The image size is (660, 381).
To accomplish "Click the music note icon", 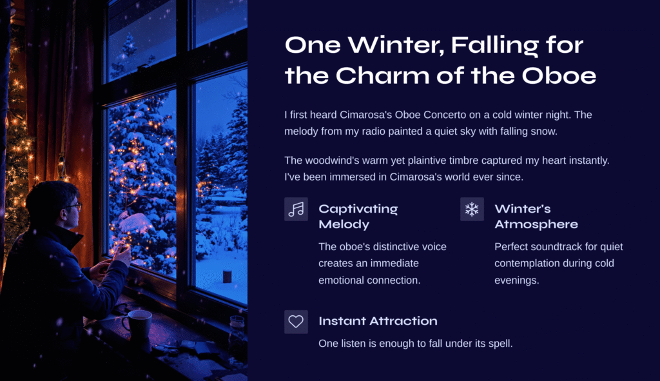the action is tap(296, 210).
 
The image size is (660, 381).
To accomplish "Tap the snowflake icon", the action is tap(472, 210).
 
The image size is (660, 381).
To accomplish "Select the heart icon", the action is tap(296, 322).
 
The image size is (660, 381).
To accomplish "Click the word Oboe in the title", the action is tap(559, 76).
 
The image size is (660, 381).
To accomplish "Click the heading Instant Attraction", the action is tap(378, 321).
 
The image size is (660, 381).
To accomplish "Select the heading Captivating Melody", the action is tap(358, 217).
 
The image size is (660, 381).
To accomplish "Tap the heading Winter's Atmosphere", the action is tap(536, 217).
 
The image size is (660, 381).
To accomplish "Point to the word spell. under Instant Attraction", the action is tap(500, 344).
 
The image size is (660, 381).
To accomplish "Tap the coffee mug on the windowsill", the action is tap(138, 324).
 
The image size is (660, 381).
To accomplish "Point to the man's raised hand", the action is tap(122, 255).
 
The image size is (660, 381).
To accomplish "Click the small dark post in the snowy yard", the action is tap(227, 276).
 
